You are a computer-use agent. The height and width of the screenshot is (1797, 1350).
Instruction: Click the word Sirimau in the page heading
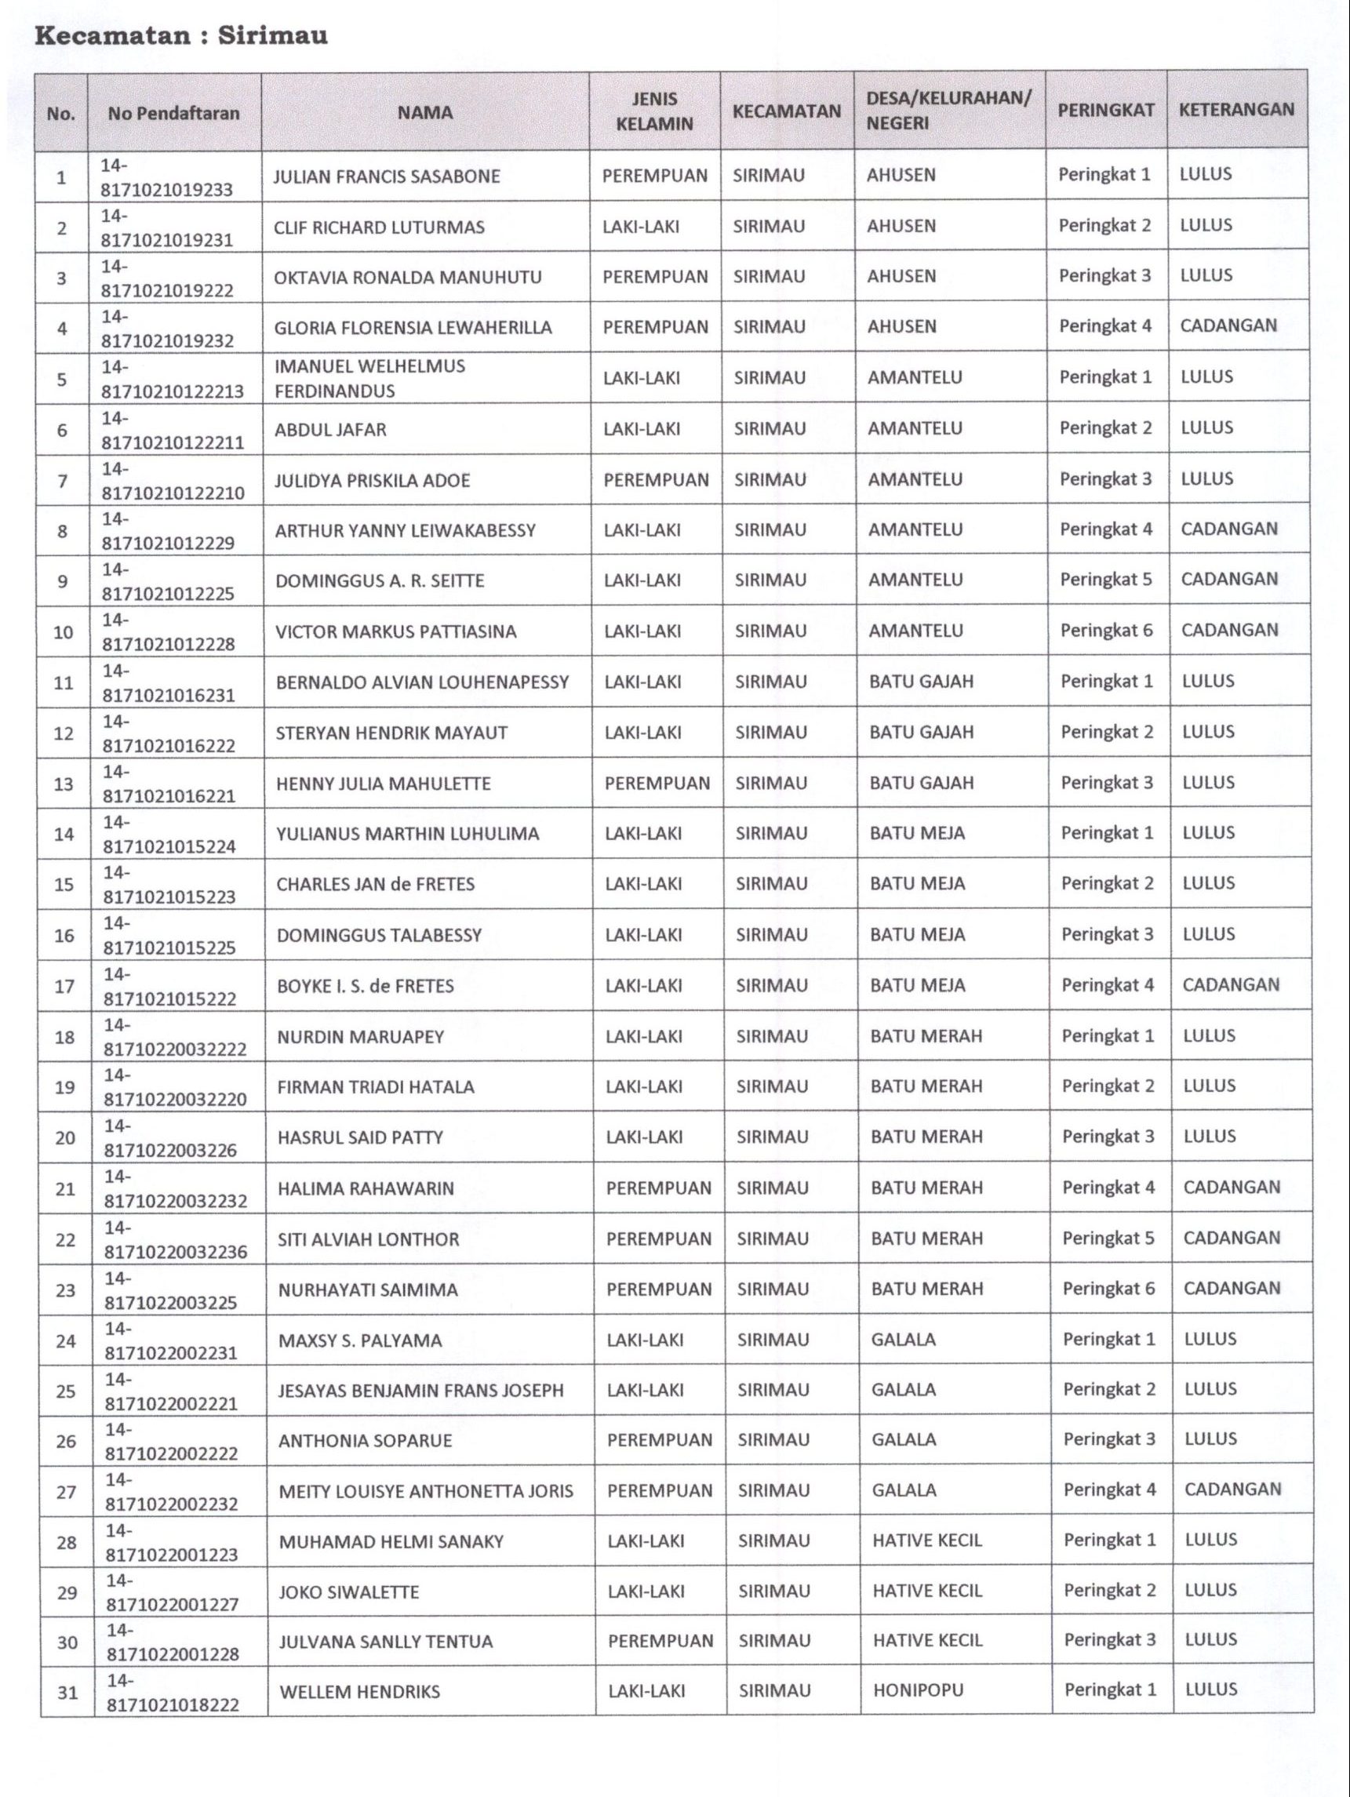(273, 37)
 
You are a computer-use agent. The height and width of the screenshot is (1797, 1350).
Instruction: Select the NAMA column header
(425, 113)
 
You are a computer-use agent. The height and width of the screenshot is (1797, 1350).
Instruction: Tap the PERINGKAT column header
(1105, 111)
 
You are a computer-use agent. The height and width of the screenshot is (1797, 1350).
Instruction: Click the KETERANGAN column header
(1236, 110)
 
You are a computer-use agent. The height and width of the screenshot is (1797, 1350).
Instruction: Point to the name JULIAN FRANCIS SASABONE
(387, 176)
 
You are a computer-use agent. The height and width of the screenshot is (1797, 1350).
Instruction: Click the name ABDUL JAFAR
(330, 429)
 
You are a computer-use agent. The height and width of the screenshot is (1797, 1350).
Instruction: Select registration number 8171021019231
(166, 240)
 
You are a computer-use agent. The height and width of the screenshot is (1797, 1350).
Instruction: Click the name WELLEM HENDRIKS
(360, 1691)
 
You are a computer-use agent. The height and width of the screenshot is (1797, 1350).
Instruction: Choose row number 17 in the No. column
(64, 986)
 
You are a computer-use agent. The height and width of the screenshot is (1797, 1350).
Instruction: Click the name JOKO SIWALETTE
(349, 1591)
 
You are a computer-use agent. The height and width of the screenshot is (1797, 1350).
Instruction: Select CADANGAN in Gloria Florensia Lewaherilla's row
(1228, 326)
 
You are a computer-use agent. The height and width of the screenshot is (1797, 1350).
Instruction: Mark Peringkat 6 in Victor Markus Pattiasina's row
(1106, 631)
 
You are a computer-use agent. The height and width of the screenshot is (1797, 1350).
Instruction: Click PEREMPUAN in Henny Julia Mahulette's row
(657, 783)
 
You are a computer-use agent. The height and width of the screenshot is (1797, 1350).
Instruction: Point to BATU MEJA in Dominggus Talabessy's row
(917, 934)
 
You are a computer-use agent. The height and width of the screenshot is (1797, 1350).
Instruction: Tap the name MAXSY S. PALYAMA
(361, 1340)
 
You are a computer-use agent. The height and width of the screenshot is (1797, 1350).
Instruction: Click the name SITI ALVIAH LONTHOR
(368, 1239)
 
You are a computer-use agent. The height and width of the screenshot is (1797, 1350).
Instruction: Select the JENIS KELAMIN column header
(655, 111)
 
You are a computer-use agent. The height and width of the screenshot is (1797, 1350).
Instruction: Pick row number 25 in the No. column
(66, 1391)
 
